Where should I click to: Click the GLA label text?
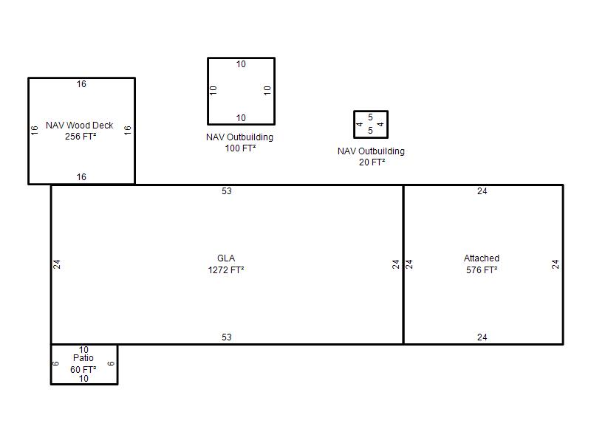226,258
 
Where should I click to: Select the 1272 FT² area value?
226,270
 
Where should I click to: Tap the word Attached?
482,258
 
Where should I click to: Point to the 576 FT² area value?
482,270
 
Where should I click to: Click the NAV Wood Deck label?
80,126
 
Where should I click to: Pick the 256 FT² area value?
81,137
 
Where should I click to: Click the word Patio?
83,358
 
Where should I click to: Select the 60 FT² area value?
83,370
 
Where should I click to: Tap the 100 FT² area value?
241,148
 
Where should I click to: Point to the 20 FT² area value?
372,162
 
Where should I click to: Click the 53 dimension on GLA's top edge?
227,191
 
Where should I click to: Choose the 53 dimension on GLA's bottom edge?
227,337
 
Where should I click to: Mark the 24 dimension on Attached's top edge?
482,191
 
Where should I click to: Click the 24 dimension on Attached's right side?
556,264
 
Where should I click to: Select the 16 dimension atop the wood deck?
81,84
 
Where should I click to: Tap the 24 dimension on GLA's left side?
57,264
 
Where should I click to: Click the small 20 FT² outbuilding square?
371,111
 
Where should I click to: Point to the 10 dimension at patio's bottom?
83,379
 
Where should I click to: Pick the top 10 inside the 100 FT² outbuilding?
242,64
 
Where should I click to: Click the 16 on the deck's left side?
34,131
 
